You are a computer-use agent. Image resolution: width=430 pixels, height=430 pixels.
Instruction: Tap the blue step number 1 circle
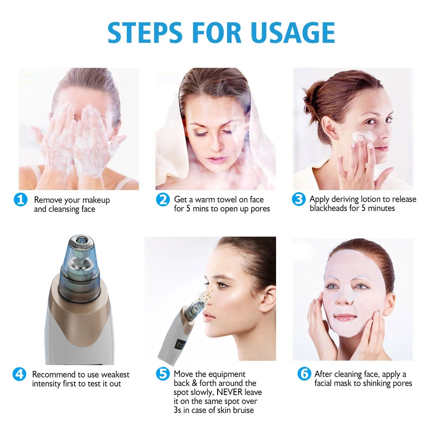(21, 200)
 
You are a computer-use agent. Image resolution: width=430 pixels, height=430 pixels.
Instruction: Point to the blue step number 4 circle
(20, 374)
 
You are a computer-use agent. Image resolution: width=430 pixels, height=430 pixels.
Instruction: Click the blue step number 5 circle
(163, 374)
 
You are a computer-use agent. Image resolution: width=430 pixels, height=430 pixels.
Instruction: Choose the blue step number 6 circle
(304, 374)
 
